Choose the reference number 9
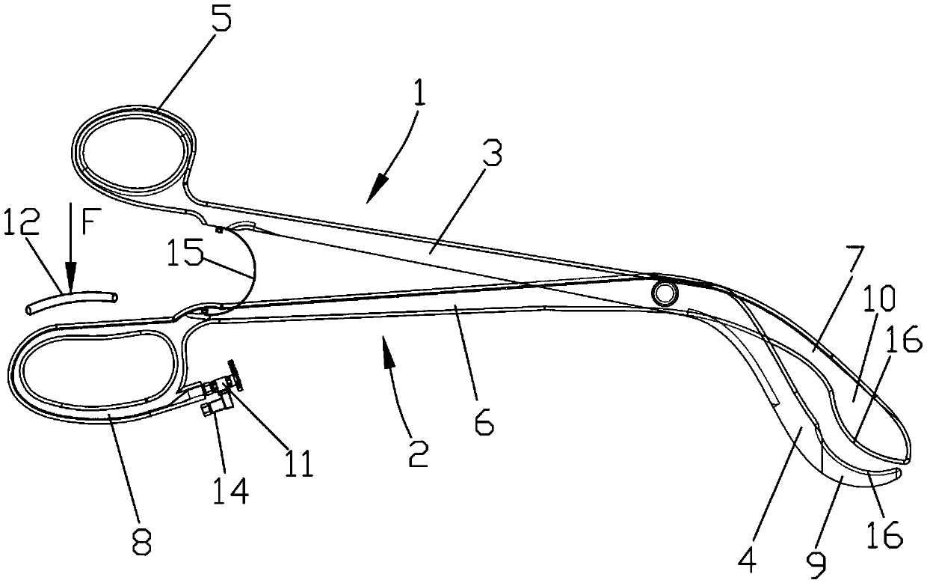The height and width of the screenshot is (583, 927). [822, 567]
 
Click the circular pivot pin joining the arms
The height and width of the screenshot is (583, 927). [662, 294]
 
